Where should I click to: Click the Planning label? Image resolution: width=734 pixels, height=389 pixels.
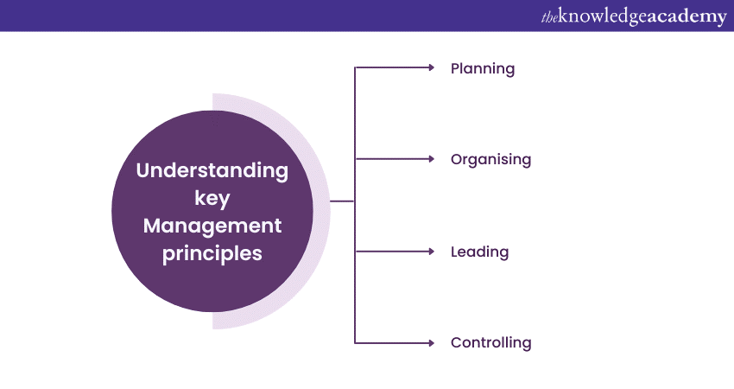[x=483, y=69]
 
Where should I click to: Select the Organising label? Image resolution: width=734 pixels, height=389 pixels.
[x=490, y=160]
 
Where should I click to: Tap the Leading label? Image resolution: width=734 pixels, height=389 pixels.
[x=479, y=252]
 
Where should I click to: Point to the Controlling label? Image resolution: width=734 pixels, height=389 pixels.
[x=490, y=342]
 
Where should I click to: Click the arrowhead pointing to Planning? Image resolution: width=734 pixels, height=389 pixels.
[x=432, y=68]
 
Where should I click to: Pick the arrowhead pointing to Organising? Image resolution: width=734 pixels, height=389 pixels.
[x=432, y=159]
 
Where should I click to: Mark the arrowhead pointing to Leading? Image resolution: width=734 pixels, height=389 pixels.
[x=432, y=252]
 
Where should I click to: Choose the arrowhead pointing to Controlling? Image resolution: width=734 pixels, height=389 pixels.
[x=432, y=343]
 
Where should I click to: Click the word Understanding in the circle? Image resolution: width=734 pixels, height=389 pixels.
[x=212, y=170]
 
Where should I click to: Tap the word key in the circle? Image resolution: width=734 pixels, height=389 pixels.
[x=212, y=199]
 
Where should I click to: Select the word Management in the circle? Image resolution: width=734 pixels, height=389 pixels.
[x=212, y=226]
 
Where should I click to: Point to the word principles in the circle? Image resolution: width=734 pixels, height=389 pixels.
[x=212, y=254]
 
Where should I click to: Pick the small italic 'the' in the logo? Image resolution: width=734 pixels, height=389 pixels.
[x=549, y=18]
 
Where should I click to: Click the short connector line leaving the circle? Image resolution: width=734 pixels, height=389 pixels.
[x=342, y=201]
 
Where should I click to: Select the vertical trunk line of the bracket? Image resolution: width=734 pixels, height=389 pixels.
[x=355, y=205]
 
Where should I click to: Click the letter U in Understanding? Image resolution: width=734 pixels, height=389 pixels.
[x=143, y=170]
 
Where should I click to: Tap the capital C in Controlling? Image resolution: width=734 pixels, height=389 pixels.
[x=457, y=342]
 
